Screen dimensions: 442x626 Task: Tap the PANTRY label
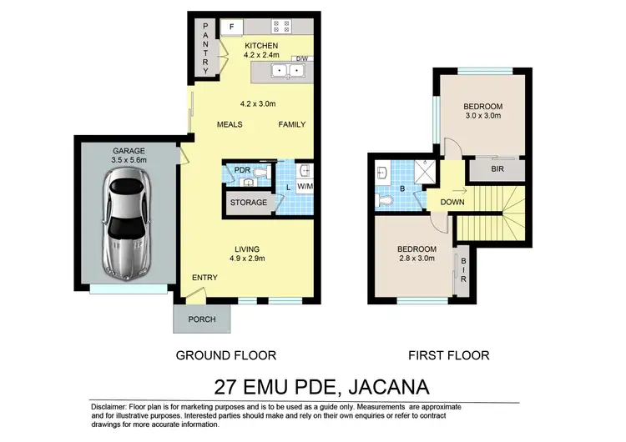207,47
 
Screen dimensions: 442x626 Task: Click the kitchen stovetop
280,26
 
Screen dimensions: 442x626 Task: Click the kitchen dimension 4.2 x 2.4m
267,56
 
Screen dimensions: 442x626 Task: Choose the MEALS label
229,125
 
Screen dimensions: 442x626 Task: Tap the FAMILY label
292,125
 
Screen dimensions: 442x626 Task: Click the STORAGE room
248,203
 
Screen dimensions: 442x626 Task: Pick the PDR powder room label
242,170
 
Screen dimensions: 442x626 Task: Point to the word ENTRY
204,278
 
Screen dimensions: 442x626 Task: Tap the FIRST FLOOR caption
448,355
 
